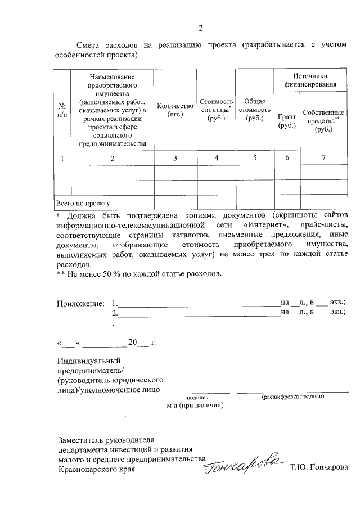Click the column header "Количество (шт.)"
click(175, 110)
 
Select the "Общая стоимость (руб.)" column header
click(255, 109)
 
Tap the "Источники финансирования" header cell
click(310, 80)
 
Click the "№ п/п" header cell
click(62, 110)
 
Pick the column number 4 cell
click(216, 159)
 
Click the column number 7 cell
click(323, 158)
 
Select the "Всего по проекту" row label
click(82, 202)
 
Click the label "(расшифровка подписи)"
click(292, 397)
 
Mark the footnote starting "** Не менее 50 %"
click(139, 274)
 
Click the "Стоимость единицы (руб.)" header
click(216, 110)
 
